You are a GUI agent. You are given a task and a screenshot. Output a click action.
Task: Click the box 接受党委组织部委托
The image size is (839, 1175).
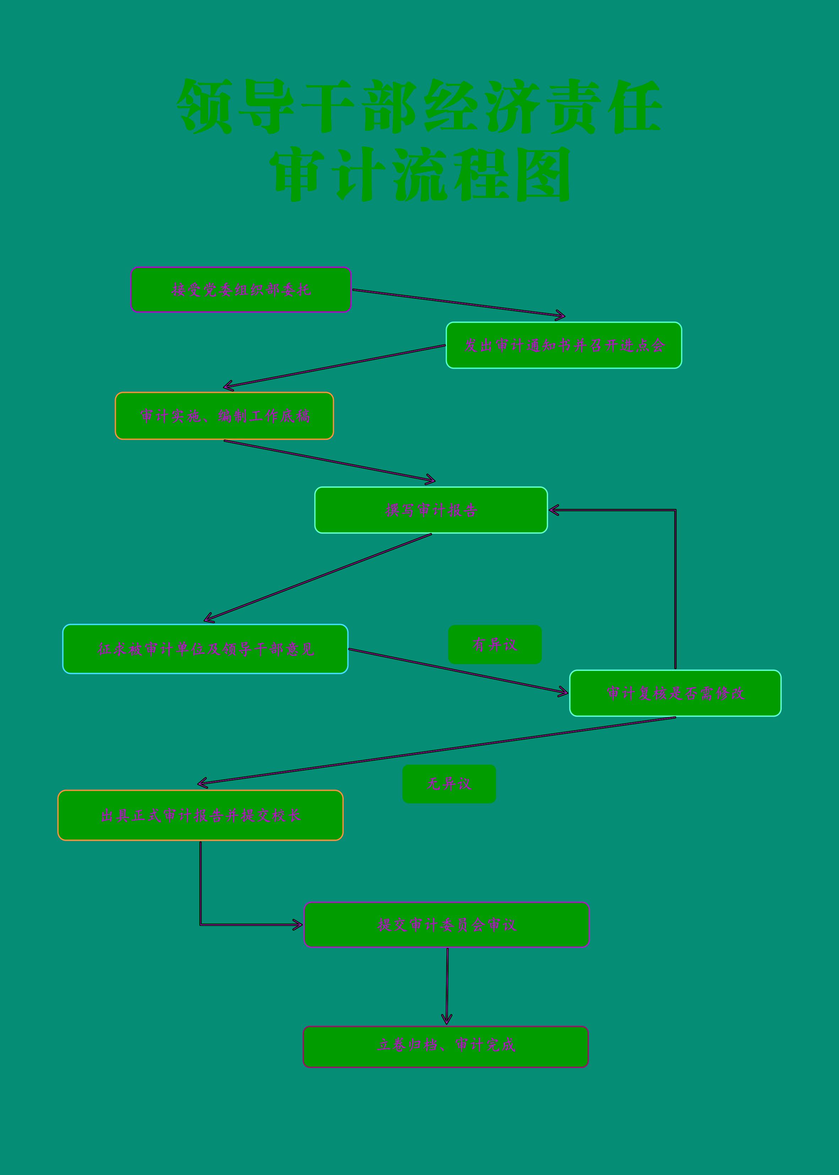241,289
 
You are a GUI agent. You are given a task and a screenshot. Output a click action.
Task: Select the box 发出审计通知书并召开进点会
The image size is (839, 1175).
564,345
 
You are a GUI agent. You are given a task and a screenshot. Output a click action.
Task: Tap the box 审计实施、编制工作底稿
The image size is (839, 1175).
224,416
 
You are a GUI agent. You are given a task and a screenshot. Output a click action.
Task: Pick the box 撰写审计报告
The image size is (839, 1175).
431,510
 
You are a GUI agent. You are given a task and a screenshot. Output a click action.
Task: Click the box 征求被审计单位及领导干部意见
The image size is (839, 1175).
205,649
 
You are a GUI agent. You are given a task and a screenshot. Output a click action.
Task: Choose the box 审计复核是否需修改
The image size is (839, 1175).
675,693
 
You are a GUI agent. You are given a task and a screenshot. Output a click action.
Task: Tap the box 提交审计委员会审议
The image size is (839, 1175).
446,925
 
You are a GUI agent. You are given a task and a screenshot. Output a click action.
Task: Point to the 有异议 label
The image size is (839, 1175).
494,644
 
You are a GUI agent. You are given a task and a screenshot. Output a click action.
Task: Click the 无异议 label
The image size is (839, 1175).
449,784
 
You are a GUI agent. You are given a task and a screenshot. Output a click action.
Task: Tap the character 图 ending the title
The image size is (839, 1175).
542,174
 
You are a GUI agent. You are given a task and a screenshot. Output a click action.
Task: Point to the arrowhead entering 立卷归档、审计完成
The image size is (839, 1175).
447,1019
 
